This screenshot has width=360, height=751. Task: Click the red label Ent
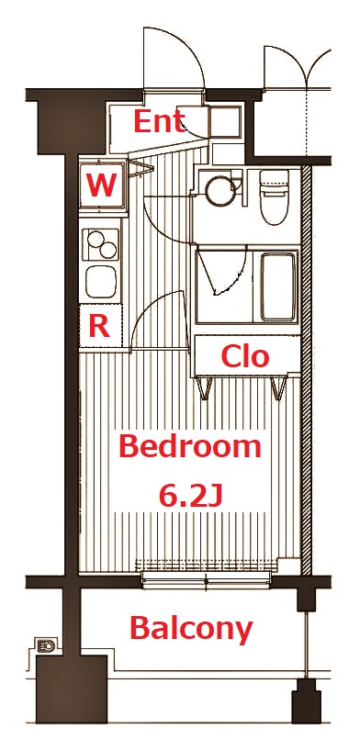(160, 121)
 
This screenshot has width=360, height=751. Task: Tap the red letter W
(101, 186)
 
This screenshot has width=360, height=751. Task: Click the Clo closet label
(246, 355)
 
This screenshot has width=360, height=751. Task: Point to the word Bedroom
(191, 447)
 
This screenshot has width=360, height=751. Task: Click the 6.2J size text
(191, 496)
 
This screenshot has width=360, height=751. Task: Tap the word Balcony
(191, 629)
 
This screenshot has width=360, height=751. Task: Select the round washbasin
(219, 191)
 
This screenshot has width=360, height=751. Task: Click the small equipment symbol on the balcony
(45, 645)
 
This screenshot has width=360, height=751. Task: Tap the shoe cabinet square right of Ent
(224, 121)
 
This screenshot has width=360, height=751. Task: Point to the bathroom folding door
(220, 271)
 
